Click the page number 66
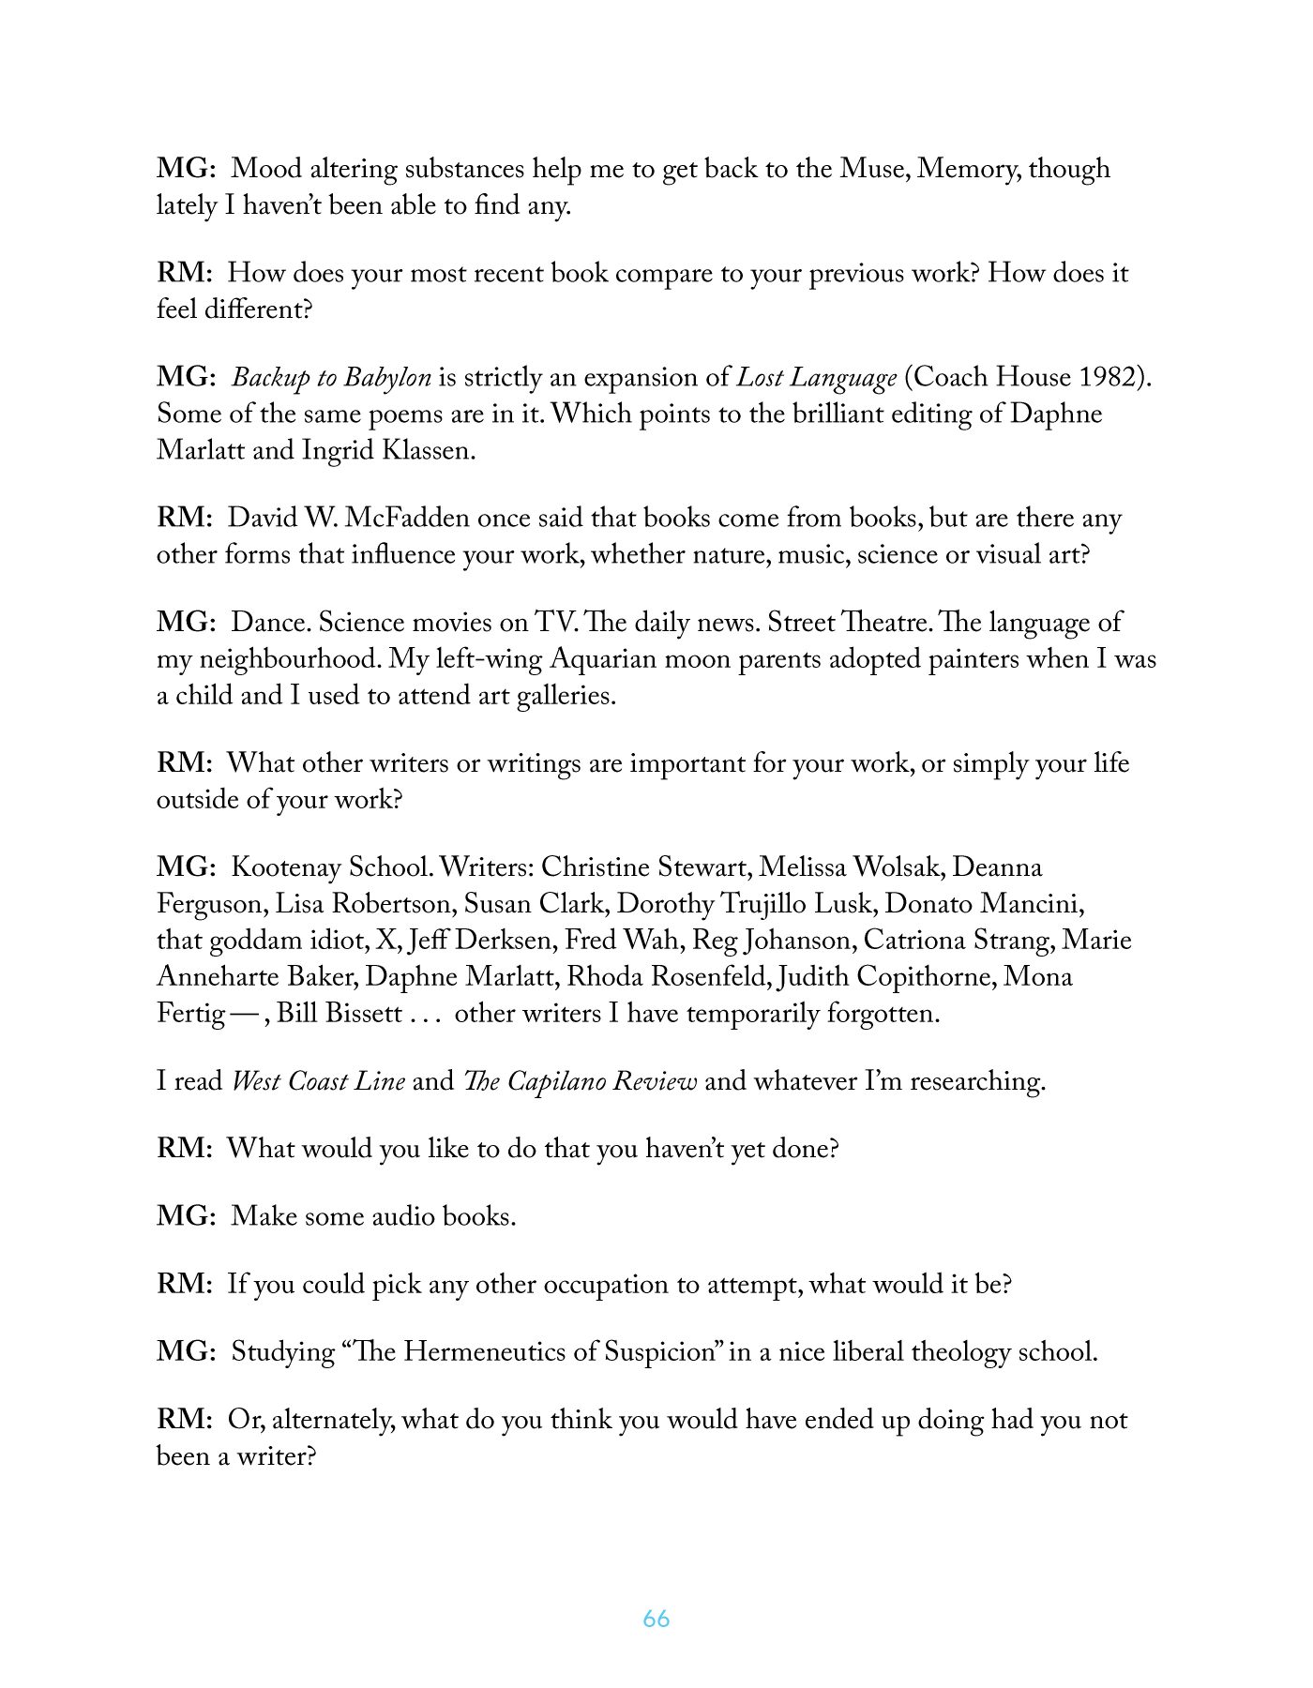click(x=656, y=1620)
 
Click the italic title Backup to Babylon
click(x=331, y=378)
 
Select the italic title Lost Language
click(x=816, y=378)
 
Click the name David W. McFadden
click(x=347, y=519)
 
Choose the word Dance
click(x=270, y=623)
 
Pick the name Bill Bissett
click(x=340, y=1014)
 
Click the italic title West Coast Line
click(x=318, y=1081)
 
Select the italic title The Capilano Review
click(x=580, y=1081)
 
